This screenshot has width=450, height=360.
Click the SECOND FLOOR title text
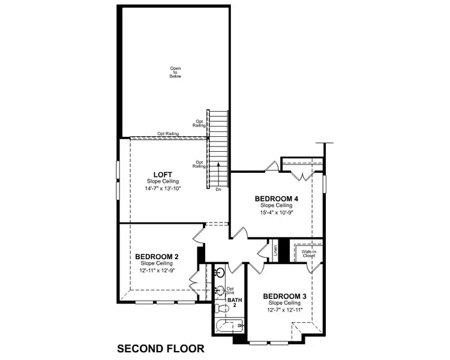[161, 348]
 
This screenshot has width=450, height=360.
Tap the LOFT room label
[163, 175]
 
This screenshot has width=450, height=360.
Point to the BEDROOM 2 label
[157, 256]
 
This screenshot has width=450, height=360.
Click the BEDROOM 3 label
[286, 296]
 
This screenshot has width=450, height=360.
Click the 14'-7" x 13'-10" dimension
[163, 188]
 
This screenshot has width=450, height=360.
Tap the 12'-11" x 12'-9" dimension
[156, 270]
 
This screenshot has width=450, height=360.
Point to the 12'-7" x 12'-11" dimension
[285, 310]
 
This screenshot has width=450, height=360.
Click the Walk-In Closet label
[308, 254]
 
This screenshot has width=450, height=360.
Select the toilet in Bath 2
[221, 308]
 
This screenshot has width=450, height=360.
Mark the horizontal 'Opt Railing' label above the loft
[168, 134]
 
